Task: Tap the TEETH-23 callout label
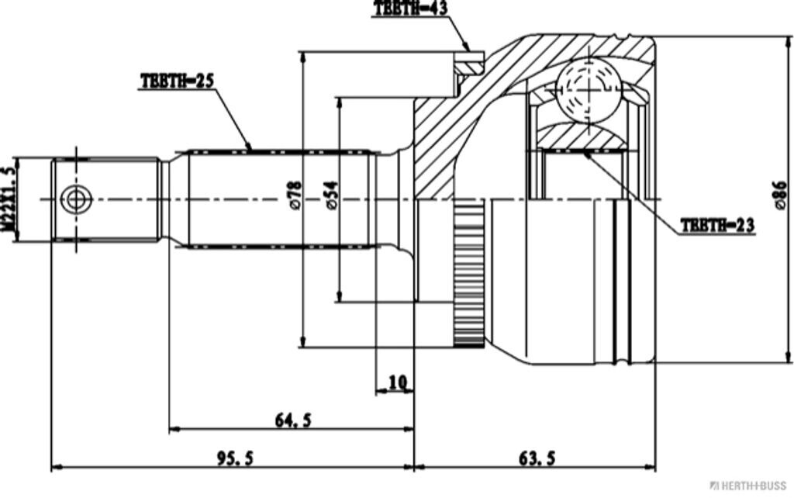(x=717, y=225)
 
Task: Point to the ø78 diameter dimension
(x=294, y=195)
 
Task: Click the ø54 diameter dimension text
(x=331, y=195)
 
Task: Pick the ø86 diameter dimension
(x=779, y=195)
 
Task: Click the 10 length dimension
(x=397, y=382)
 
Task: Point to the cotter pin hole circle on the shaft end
(x=75, y=199)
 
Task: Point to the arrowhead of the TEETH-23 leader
(x=587, y=154)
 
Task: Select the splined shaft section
(x=279, y=199)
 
